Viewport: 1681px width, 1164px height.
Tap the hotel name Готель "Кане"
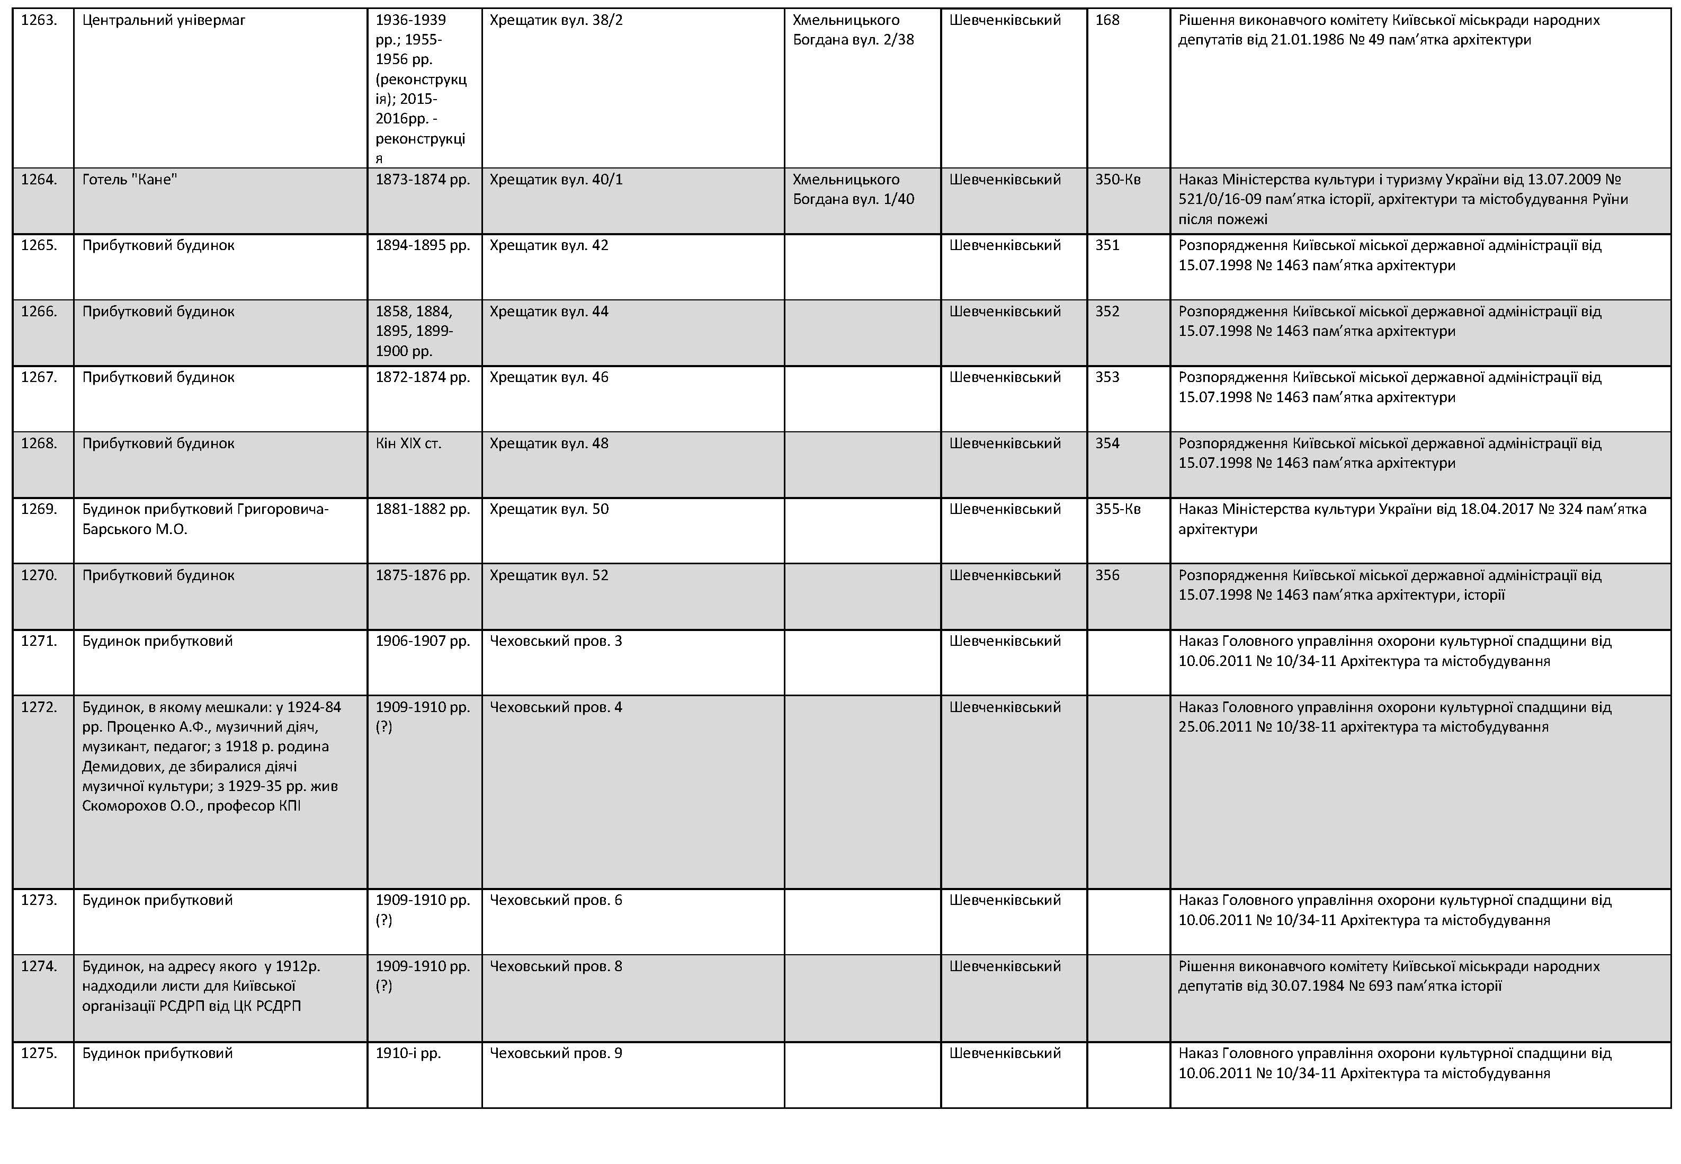coord(130,180)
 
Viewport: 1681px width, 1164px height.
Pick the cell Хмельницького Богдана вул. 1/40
coord(853,190)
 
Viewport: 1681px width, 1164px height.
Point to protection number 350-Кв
coord(1117,180)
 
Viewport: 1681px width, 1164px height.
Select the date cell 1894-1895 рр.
coord(423,246)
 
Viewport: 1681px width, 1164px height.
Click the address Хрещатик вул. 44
coord(549,312)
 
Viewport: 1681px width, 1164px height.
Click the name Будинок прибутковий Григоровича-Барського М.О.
coord(205,519)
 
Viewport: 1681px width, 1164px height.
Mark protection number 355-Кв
coord(1117,510)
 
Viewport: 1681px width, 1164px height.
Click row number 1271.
coord(39,642)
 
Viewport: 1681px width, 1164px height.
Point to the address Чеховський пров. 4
coord(556,707)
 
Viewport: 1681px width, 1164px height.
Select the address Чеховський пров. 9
coord(556,1054)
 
